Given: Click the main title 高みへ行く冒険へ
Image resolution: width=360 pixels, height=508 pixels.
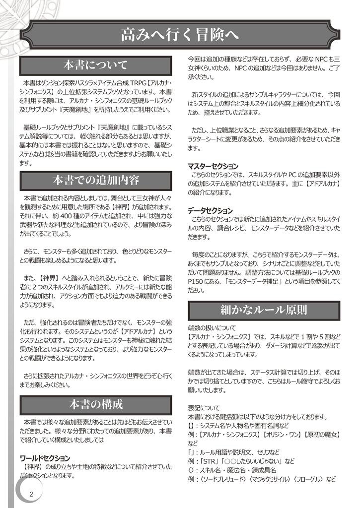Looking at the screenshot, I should [x=180, y=35].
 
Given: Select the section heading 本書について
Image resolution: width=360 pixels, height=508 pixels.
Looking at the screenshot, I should [x=96, y=65].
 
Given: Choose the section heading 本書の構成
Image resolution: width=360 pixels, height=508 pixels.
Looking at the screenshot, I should [x=96, y=404].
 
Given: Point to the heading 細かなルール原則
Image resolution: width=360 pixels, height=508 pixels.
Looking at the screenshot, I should [x=264, y=311].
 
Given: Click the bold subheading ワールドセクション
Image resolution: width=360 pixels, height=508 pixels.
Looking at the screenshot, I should [x=45, y=458].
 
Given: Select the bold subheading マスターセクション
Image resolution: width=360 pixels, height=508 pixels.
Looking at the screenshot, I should [x=213, y=166].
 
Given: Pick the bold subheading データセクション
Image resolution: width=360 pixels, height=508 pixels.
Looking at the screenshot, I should [x=210, y=210].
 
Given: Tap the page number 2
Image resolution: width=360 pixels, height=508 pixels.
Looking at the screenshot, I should [x=31, y=494].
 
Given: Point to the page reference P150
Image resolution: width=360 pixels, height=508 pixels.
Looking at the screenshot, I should [x=197, y=282].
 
